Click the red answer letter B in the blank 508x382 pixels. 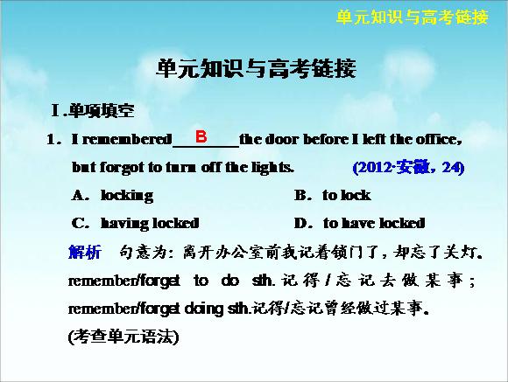tap(201, 136)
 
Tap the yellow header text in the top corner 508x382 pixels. tap(413, 17)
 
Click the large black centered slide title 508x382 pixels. tap(256, 68)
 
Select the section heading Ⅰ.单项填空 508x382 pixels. tap(93, 111)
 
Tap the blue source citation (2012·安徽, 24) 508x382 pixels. tap(408, 168)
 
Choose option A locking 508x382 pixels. tap(112, 195)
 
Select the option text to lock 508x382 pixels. tap(346, 195)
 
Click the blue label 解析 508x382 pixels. tap(85, 252)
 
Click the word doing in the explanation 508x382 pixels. tap(204, 309)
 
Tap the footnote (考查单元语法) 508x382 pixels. tap(123, 337)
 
